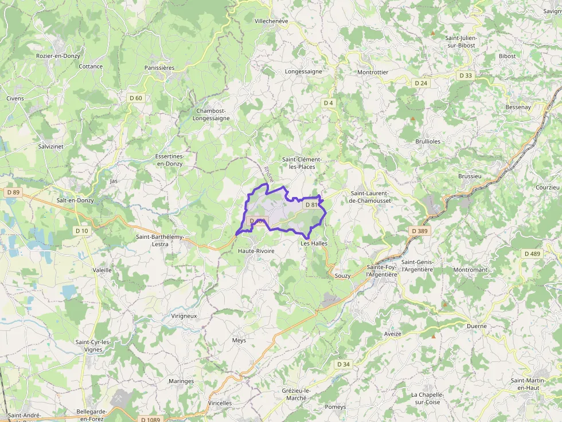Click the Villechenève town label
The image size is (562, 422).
271,21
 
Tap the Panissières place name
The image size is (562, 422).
159,68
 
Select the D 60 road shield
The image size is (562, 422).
136,98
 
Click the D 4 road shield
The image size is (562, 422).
328,103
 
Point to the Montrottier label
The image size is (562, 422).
373,73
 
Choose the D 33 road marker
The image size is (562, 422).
466,76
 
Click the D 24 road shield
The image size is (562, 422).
421,83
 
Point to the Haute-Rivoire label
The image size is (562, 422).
256,251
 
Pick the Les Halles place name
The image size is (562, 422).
314,243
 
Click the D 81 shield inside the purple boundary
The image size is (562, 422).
311,204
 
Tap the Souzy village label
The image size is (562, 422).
342,275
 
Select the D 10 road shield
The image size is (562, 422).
81,231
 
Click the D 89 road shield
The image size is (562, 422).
14,192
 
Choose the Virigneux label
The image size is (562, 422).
184,315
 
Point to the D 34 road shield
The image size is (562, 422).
344,364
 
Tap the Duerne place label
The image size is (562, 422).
477,326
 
